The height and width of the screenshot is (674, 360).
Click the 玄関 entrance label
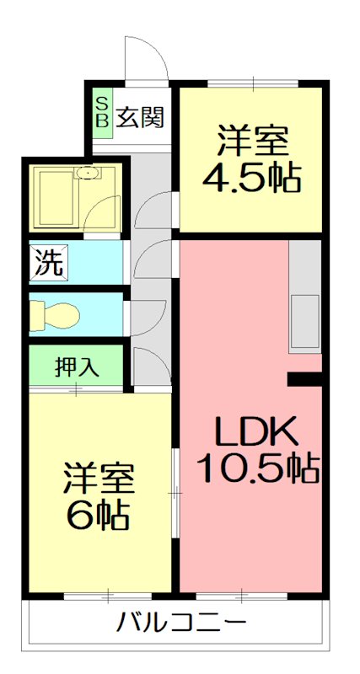tap(139, 117)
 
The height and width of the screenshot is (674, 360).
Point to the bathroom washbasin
tap(88, 174)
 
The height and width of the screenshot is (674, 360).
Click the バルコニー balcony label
tap(181, 624)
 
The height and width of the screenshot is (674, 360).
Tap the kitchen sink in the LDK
tap(304, 322)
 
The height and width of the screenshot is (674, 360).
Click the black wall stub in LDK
tap(305, 379)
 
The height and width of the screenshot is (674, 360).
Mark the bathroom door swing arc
tap(105, 211)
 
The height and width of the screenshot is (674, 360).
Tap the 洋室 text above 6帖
tap(99, 479)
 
